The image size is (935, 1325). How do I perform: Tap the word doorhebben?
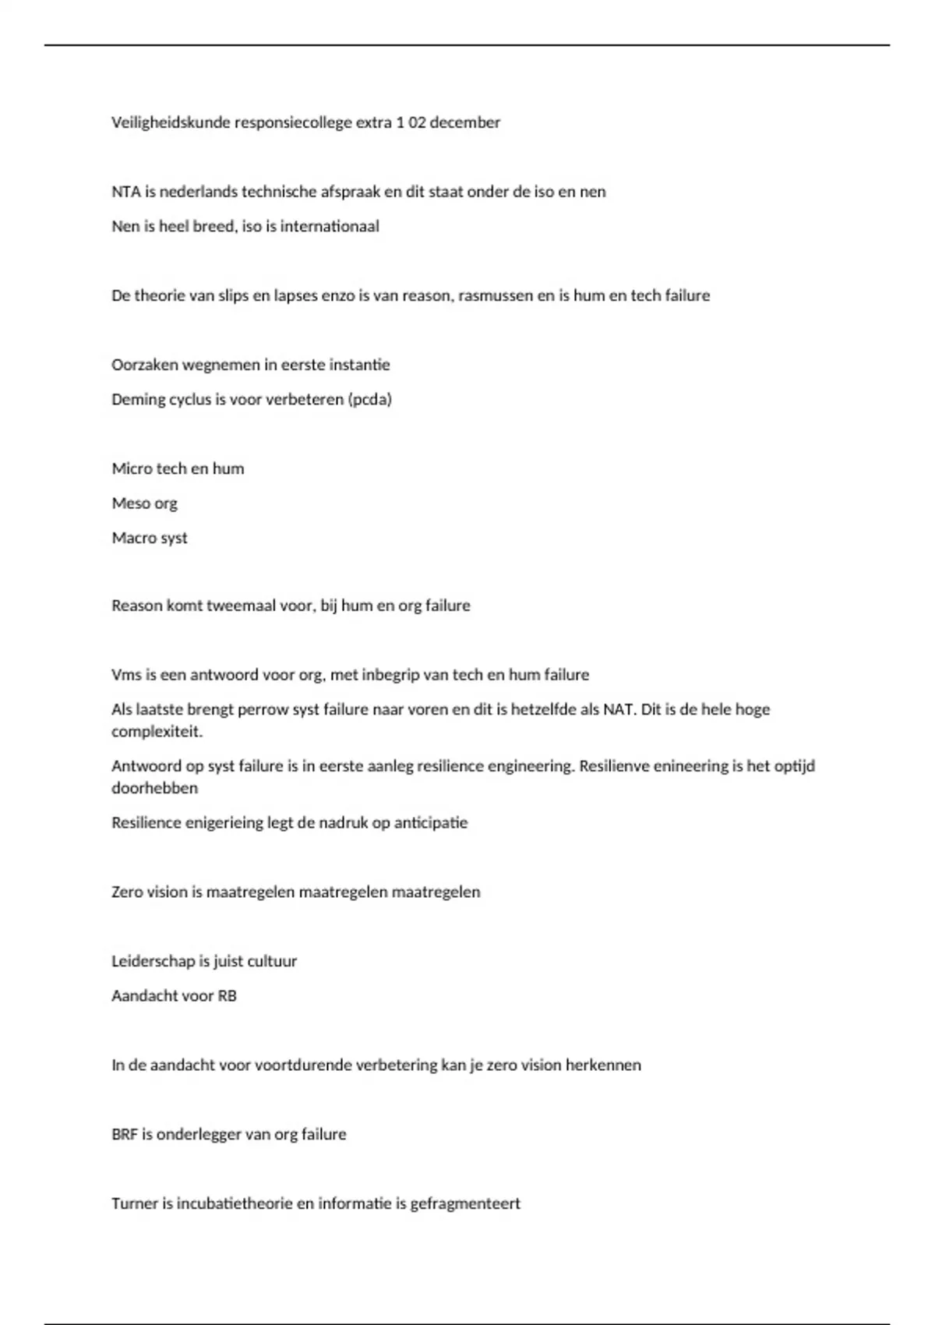155,788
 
